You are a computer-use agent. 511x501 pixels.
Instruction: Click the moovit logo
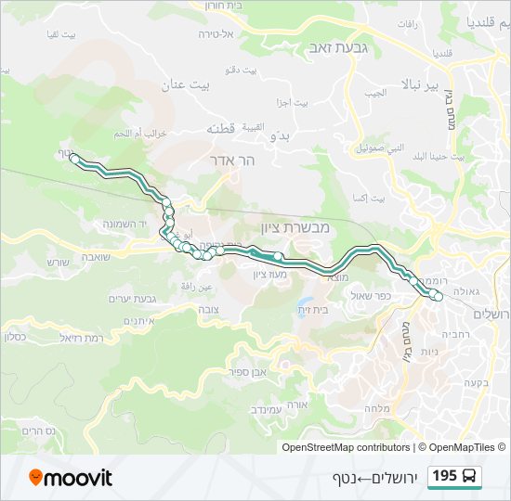point(71,478)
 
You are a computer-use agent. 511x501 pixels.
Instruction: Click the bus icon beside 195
point(469,477)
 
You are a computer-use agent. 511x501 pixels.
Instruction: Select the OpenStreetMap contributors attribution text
point(346,447)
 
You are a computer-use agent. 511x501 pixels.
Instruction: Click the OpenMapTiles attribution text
point(461,447)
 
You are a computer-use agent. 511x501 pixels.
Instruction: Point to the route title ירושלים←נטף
point(369,478)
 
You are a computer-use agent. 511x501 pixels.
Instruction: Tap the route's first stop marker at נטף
point(74,159)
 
